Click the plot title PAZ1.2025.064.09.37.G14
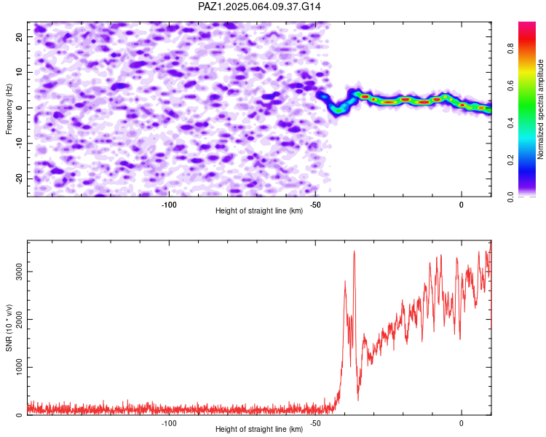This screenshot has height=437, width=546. (259, 7)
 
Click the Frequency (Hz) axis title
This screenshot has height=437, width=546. (9, 109)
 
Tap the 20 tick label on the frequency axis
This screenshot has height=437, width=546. (19, 37)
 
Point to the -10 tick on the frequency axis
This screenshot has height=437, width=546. (19, 143)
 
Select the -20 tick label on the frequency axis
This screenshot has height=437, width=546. (19, 178)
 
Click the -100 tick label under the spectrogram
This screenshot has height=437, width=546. (169, 205)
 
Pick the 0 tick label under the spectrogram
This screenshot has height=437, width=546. (462, 205)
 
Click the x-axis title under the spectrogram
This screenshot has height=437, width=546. (259, 210)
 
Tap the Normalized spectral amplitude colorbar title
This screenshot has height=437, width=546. (540, 109)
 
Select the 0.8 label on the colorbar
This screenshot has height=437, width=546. (510, 48)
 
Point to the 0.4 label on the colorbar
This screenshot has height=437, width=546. (510, 122)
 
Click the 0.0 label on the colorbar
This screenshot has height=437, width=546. (510, 197)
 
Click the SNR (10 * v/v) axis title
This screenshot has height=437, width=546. (9, 328)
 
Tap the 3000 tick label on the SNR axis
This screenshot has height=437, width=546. (19, 272)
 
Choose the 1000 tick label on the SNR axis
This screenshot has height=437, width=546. (19, 367)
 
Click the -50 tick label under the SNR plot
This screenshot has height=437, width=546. (315, 423)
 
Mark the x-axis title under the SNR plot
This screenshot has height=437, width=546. (259, 429)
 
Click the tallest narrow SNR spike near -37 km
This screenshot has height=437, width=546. (354, 251)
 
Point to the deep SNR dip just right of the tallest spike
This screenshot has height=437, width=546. (358, 399)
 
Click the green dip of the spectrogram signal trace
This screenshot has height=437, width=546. (337, 110)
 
